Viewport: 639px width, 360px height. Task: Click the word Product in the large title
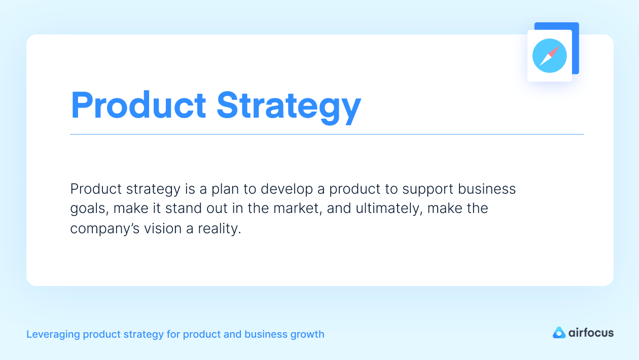pos(138,105)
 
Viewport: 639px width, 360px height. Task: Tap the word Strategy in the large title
pos(289,106)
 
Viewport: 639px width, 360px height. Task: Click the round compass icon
pos(550,56)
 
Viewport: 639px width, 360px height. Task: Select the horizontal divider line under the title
pos(327,134)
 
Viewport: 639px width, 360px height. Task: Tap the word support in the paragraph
pos(427,189)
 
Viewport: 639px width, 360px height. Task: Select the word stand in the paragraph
pos(194,208)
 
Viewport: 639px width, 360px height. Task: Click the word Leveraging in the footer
pos(52,335)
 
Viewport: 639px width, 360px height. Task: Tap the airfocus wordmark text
pos(591,333)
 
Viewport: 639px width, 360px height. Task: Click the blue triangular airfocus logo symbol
pos(559,333)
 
